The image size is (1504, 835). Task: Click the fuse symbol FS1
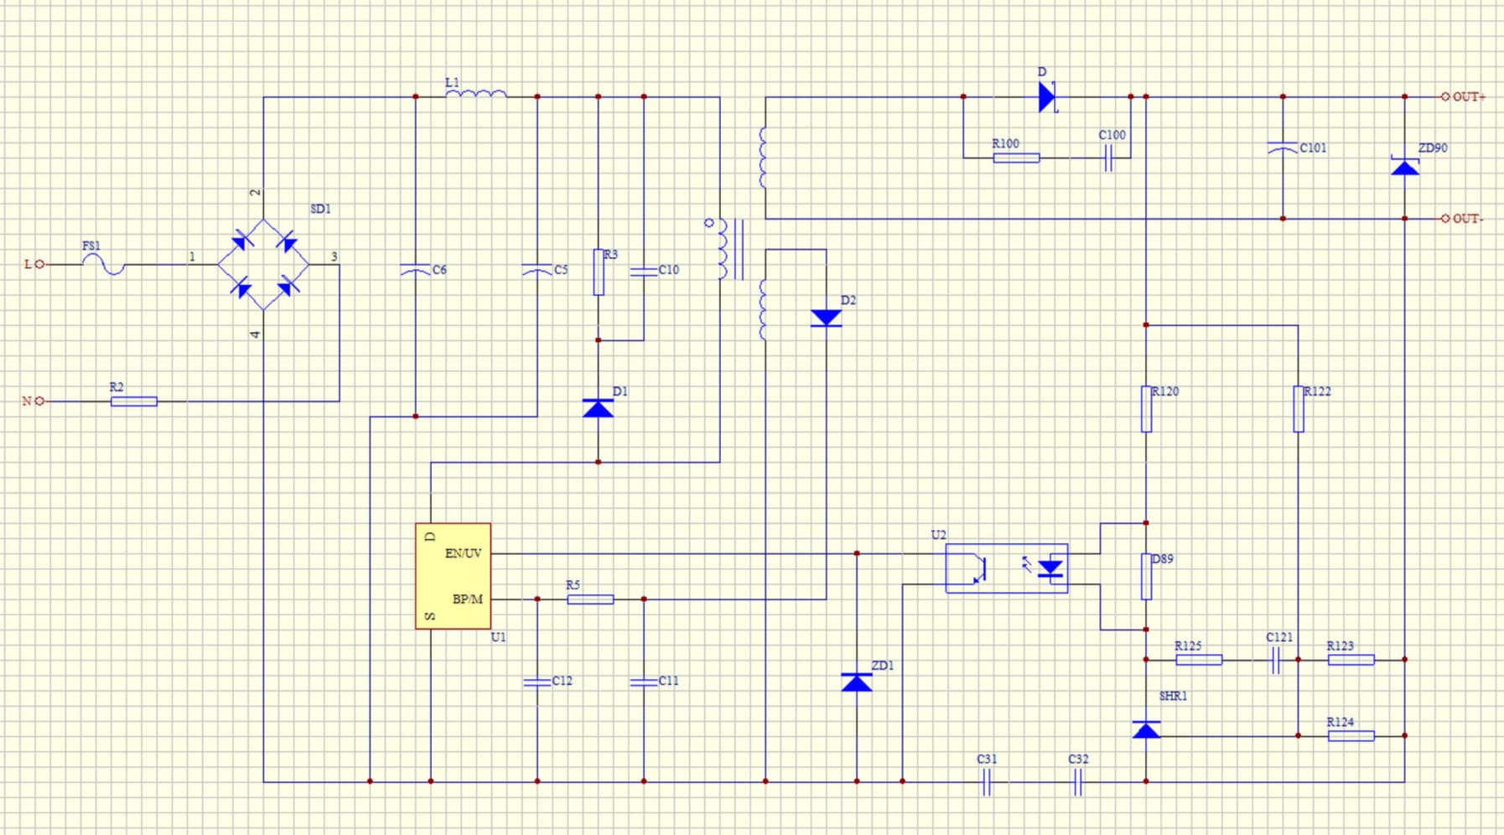pos(104,264)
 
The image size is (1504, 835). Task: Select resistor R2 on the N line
pos(134,402)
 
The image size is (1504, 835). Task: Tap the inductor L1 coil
pos(476,94)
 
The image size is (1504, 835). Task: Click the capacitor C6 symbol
pos(416,270)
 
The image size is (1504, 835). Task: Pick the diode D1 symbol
pos(598,408)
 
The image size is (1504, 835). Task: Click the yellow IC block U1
pos(453,576)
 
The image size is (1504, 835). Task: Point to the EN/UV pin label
pos(464,553)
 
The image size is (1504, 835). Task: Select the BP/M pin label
pos(468,599)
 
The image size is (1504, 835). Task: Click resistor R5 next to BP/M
pos(590,599)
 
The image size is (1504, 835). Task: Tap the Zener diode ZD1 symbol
pos(857,682)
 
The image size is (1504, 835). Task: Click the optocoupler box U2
pos(1006,568)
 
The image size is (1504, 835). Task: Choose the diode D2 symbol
pos(826,318)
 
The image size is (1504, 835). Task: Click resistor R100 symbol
pos(1016,158)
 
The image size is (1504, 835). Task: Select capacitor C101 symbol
pos(1283,148)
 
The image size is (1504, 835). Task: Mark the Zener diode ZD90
pos(1405,167)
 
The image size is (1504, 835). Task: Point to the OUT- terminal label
pos(1467,219)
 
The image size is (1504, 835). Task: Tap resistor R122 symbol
pos(1299,409)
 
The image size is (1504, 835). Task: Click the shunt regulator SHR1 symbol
pos(1146,729)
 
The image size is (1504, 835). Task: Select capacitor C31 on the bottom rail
pos(987,781)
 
